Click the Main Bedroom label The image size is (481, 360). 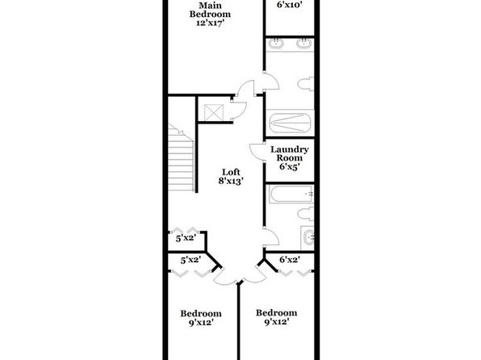tap(210, 10)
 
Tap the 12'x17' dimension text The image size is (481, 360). tap(209, 23)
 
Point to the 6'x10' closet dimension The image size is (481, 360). tap(290, 5)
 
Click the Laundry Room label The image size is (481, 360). tap(290, 153)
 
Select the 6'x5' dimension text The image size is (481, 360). tap(289, 166)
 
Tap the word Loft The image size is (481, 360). tap(231, 172)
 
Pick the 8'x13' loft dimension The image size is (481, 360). tap(231, 181)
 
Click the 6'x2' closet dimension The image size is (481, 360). tap(290, 260)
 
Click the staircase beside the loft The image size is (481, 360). tap(181, 157)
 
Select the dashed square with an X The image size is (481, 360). tap(214, 112)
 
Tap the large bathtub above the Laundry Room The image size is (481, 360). tap(290, 123)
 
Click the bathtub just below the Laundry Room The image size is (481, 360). tap(291, 194)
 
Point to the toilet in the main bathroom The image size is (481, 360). tap(306, 83)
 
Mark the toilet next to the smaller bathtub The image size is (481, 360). tap(306, 214)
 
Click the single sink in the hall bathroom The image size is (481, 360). tap(307, 238)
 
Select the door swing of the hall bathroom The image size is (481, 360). tap(272, 237)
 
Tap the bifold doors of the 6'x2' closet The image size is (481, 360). tap(295, 273)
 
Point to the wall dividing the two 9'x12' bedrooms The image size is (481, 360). tap(238, 321)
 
